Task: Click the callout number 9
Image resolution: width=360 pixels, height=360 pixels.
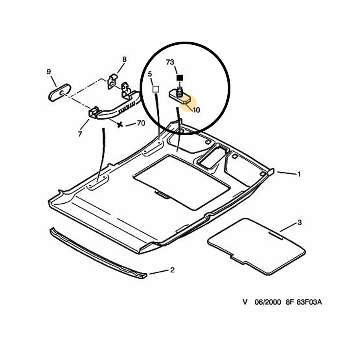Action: [x=49, y=72]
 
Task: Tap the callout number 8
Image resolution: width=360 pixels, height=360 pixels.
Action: [x=124, y=60]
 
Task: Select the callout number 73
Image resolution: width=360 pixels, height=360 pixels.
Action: [x=170, y=62]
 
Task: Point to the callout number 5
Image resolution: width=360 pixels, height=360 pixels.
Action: [x=150, y=74]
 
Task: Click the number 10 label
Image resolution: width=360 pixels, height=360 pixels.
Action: [x=196, y=110]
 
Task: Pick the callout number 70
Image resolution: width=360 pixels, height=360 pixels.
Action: [x=141, y=123]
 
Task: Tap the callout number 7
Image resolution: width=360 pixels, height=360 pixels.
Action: [x=80, y=134]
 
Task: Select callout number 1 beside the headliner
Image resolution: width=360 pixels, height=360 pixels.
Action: [x=299, y=174]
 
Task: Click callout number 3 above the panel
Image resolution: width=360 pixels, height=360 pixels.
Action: [x=299, y=222]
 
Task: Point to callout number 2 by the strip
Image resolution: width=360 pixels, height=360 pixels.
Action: [x=172, y=270]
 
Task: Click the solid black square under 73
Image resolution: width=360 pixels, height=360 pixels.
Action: [x=180, y=78]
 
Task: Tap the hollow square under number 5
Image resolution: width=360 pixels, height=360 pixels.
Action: [x=156, y=89]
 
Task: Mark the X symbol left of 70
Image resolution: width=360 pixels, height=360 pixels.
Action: [x=120, y=125]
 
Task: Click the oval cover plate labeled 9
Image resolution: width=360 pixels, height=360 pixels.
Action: [x=60, y=92]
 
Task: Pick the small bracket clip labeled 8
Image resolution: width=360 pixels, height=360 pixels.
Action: [x=112, y=82]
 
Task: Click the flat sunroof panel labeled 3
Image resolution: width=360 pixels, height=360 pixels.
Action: [x=256, y=246]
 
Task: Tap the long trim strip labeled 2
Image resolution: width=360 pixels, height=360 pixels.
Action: [x=98, y=254]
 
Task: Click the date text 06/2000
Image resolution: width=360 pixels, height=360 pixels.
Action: [x=268, y=302]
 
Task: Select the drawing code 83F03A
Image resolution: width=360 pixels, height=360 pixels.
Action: [x=309, y=302]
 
